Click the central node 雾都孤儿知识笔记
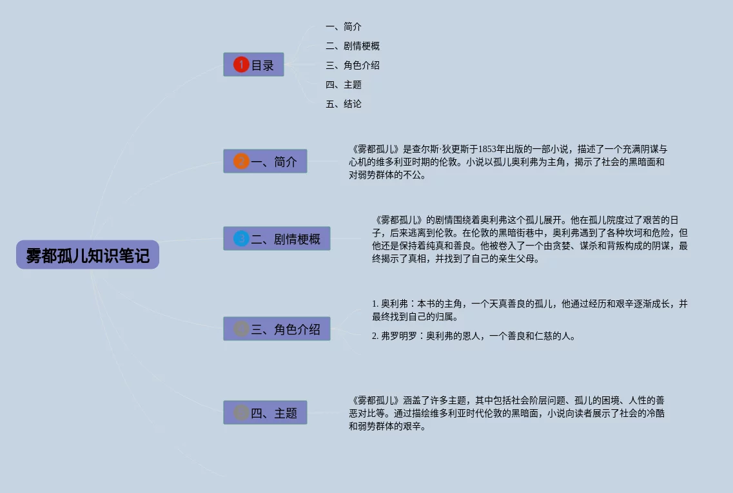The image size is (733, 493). (88, 255)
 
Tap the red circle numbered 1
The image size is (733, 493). (241, 64)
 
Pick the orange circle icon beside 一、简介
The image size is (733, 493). (241, 161)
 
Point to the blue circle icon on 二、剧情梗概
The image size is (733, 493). (241, 238)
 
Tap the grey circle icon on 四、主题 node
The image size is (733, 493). (241, 412)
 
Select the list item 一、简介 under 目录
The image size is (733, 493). (344, 27)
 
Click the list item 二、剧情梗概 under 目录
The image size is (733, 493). (353, 46)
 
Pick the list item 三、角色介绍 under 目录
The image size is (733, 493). (353, 66)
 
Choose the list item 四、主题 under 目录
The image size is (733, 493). (344, 85)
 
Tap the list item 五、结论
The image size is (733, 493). (344, 104)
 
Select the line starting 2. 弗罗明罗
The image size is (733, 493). (473, 336)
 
